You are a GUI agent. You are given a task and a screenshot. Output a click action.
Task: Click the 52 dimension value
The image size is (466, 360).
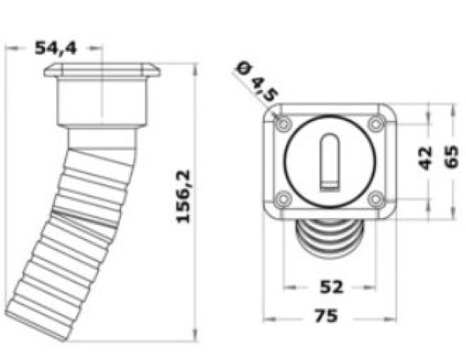click(x=331, y=287)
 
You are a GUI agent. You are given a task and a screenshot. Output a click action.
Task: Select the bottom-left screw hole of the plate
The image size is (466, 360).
click(x=283, y=199)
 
